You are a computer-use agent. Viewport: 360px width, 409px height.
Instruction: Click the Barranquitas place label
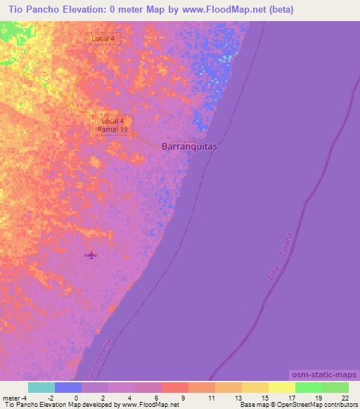(x=189, y=147)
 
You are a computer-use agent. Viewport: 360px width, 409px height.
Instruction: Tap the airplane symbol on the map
(x=91, y=255)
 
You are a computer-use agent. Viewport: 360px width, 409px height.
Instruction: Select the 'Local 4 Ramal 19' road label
(x=112, y=125)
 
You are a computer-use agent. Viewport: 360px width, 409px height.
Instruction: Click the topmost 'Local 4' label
(x=103, y=38)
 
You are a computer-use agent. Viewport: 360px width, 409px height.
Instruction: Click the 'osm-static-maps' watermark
(x=323, y=376)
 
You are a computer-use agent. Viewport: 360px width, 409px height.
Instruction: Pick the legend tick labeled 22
(x=345, y=397)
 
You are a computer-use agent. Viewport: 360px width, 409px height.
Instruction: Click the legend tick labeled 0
(x=75, y=397)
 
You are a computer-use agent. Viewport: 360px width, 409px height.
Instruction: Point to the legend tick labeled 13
(x=237, y=397)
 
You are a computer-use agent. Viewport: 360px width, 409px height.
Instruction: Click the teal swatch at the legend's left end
(x=41, y=387)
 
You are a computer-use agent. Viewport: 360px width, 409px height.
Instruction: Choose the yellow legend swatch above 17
(x=282, y=387)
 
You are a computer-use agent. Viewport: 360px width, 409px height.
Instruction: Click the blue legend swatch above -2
(x=68, y=387)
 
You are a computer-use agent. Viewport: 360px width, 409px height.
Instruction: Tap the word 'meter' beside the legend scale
(x=11, y=397)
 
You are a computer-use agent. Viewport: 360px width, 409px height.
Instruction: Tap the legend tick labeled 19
(x=319, y=397)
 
